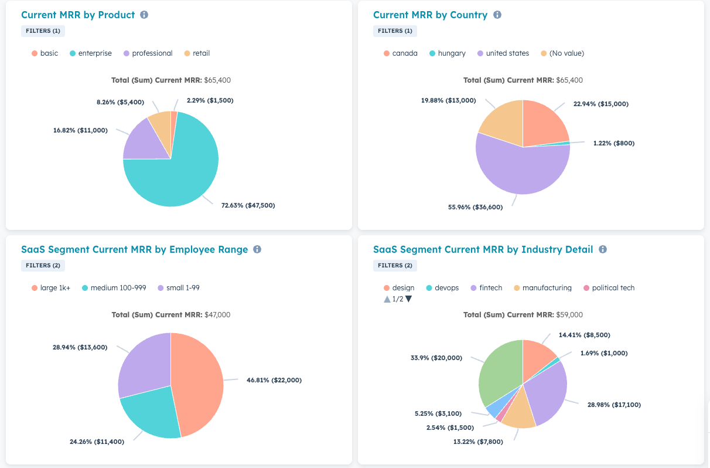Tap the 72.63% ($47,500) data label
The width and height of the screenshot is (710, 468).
click(248, 205)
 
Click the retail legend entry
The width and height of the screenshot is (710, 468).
click(197, 53)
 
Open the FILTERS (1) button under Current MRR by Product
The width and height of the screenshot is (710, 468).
click(43, 30)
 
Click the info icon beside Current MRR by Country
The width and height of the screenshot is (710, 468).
click(497, 15)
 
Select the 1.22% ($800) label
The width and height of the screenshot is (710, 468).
click(614, 143)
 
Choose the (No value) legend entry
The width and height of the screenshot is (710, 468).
click(562, 53)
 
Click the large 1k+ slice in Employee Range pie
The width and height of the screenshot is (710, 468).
click(196, 384)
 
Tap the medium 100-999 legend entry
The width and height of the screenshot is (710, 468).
click(114, 288)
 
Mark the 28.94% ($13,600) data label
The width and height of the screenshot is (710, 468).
click(80, 347)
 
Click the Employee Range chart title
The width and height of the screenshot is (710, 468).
click(134, 249)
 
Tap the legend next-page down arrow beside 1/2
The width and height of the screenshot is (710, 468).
click(408, 299)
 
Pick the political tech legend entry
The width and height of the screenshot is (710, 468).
click(609, 288)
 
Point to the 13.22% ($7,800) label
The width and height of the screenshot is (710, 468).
click(478, 442)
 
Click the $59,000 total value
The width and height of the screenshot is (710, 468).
click(569, 315)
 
